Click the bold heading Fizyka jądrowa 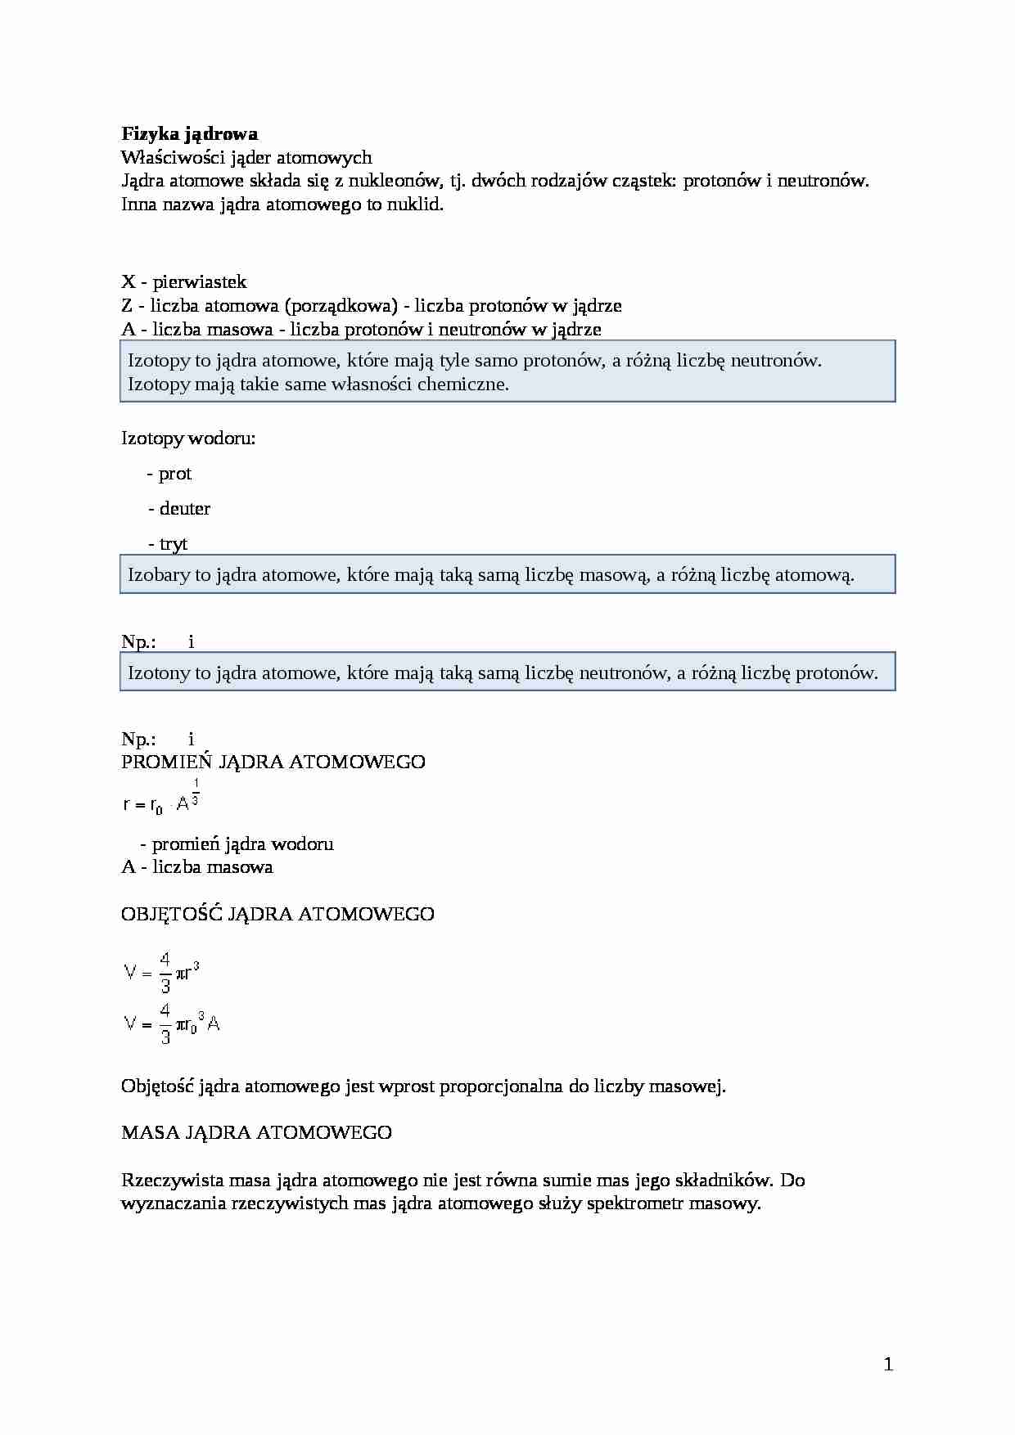click(189, 133)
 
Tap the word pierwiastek click(199, 282)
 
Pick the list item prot click(174, 474)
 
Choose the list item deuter click(184, 509)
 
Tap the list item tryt click(173, 544)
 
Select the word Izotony click(159, 673)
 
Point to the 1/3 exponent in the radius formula click(196, 792)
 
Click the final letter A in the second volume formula click(214, 1023)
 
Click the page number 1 click(888, 1364)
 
